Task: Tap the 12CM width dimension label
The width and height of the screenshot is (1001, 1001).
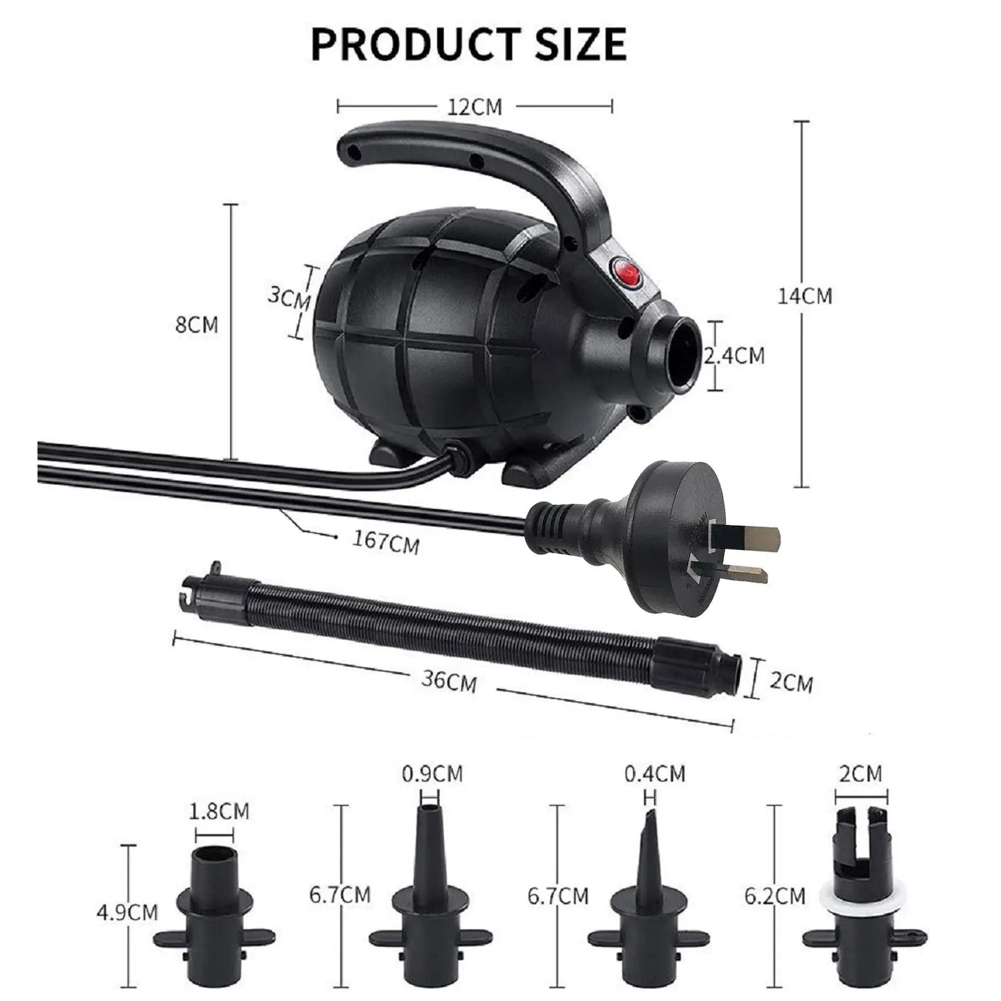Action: (475, 107)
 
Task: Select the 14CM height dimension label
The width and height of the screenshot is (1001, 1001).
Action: (805, 296)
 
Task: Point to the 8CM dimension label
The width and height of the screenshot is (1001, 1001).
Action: (196, 325)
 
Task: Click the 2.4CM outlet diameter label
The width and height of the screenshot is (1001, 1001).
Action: (734, 355)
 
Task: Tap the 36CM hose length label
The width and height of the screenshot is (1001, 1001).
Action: (449, 680)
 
